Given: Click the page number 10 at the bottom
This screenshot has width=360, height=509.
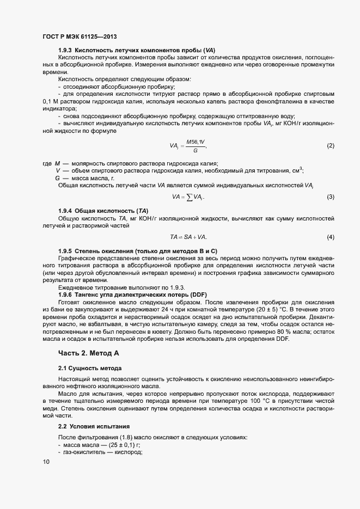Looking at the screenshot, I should click(46, 462).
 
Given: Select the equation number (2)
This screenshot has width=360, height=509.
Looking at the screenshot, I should click(330, 146).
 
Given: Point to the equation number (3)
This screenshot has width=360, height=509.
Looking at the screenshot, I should click(330, 197).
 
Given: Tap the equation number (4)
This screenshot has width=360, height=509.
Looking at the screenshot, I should click(330, 237).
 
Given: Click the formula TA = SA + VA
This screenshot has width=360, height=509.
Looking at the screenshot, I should click(188, 237).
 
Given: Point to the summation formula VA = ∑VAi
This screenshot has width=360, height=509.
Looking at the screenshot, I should click(188, 197).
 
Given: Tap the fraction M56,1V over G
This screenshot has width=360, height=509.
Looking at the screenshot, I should click(196, 146).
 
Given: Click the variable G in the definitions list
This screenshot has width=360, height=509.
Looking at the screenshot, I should click(58, 178).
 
